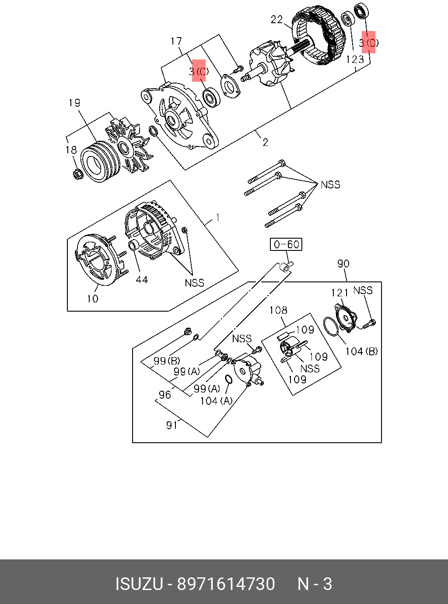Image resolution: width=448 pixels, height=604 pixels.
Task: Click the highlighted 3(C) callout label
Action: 199,71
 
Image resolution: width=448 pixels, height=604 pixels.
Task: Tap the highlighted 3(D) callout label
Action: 368,42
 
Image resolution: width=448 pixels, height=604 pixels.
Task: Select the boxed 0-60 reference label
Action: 286,244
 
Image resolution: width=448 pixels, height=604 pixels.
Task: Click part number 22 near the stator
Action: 276,20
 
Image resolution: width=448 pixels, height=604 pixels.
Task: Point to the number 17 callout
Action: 176,41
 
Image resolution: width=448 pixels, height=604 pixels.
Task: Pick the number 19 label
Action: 74,103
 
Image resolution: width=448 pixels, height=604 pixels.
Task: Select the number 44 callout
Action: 141,279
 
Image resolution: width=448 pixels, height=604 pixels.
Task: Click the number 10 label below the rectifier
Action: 92,299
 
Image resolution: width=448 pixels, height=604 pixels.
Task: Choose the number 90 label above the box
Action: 343,264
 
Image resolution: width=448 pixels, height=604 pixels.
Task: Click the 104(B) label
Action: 361,351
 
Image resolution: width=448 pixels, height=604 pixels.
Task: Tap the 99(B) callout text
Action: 167,361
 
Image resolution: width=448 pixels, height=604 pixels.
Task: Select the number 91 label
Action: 171,425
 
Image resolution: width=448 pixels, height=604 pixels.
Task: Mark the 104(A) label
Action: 216,400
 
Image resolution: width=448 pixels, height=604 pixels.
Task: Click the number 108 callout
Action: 278,310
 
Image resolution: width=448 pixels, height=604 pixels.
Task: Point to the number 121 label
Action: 339,292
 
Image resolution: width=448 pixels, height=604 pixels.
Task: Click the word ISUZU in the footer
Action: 139,584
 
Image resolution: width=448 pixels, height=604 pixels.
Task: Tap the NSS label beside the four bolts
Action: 330,184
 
